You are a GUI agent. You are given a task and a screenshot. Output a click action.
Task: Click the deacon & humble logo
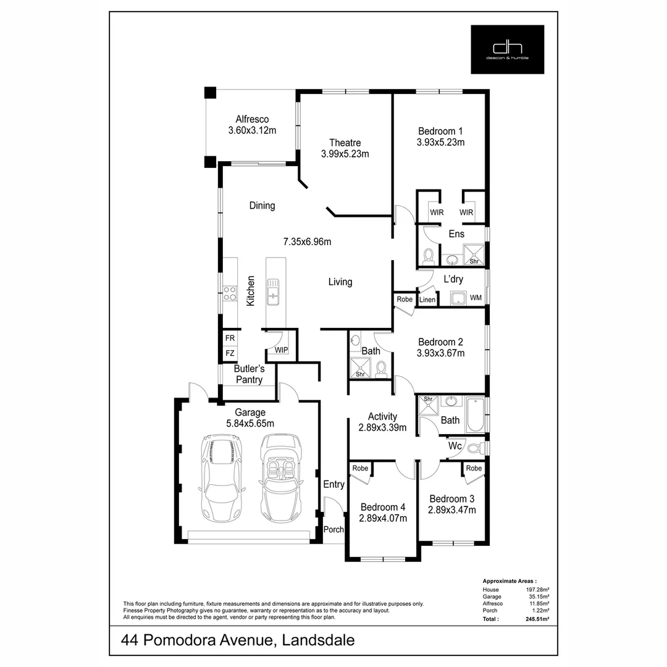pos(507,49)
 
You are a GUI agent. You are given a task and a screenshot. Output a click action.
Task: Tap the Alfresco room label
pos(252,119)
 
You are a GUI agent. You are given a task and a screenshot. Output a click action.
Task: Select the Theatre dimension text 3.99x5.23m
pos(345,154)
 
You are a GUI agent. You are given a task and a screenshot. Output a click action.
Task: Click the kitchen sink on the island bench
pos(272,291)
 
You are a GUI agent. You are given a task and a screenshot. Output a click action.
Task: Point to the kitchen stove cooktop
pos(230,293)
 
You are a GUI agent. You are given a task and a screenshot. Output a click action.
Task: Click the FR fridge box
pos(230,338)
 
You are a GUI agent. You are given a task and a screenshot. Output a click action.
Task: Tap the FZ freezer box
pos(230,353)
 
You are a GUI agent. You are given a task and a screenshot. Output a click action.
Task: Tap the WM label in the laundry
pos(476,298)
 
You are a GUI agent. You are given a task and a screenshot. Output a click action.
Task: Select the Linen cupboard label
pos(427,300)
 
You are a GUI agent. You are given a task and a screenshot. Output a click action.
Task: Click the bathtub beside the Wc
pos(475,414)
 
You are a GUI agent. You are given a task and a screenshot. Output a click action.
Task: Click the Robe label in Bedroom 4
pos(361,468)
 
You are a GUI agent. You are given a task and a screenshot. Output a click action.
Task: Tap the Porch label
pos(333,529)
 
